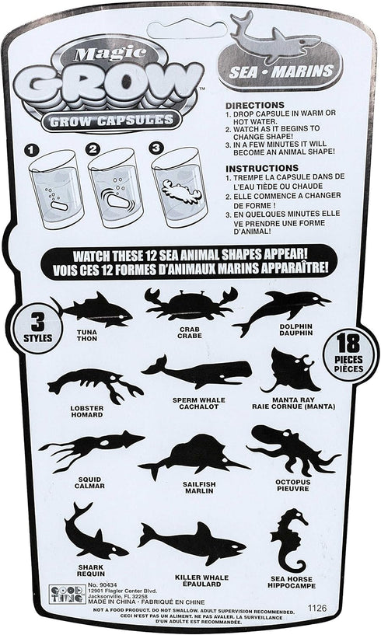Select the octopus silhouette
292,448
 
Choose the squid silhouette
92,449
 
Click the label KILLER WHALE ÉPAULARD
201,581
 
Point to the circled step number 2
93,149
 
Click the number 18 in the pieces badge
348,344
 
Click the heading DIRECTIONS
255,105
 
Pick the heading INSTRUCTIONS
262,168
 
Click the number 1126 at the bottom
317,608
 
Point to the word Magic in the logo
110,52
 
